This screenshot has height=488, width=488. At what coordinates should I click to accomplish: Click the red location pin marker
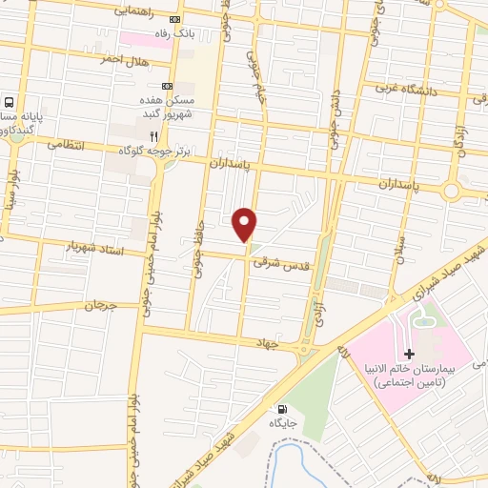click(245, 224)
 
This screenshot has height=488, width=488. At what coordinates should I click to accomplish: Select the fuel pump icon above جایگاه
click(280, 409)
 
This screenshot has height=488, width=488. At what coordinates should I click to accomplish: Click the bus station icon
click(10, 103)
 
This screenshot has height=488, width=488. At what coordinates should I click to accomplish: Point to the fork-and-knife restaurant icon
click(154, 136)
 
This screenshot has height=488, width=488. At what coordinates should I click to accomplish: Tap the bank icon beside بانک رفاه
click(173, 20)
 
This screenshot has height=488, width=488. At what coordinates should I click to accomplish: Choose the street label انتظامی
click(66, 146)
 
